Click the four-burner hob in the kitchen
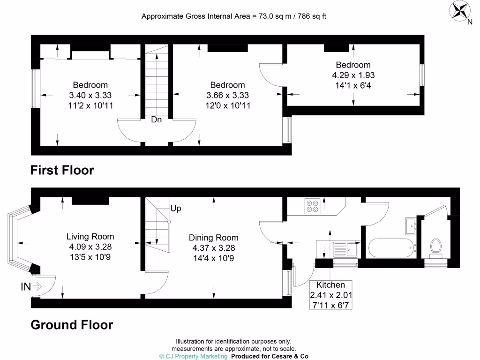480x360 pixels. point(312,206)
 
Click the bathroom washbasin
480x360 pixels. point(411,225)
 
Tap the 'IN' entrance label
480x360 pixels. point(26,285)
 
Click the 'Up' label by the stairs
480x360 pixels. point(176,209)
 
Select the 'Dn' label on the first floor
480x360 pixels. point(156,120)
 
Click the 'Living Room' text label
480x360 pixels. point(90,237)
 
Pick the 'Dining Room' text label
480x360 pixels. point(213,238)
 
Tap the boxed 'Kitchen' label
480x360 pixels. point(330,285)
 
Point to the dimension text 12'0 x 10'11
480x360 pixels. point(227,105)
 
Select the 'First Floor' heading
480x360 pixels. point(62,170)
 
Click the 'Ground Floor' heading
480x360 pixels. point(72,324)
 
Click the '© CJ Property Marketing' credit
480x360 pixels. point(193,356)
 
